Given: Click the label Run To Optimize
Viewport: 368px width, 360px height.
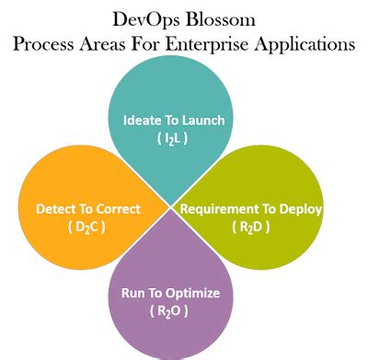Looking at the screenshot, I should [x=170, y=294].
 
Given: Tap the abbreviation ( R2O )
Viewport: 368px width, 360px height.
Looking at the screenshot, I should [x=170, y=312].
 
